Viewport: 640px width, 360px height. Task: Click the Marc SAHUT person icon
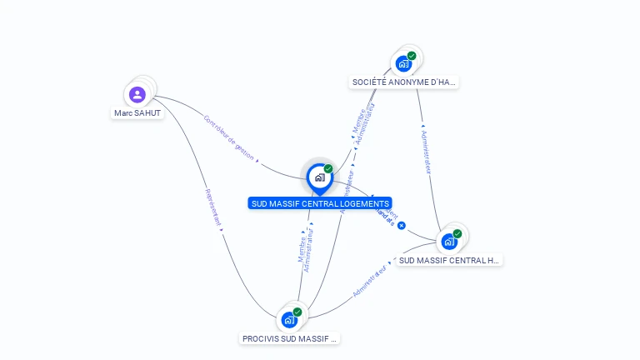coord(137,94)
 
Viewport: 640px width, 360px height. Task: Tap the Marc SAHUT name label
coord(137,112)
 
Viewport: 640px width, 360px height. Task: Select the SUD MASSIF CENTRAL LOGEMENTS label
coord(320,203)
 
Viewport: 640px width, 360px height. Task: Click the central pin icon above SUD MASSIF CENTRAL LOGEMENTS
coord(319,177)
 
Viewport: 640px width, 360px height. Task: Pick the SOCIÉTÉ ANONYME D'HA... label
coord(404,82)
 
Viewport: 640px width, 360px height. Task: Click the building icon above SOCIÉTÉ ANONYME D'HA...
coord(403,63)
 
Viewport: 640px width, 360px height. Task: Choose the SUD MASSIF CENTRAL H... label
coord(449,260)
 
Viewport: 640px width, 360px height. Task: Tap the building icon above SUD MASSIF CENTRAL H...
coord(449,242)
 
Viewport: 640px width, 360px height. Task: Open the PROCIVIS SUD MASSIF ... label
coord(289,338)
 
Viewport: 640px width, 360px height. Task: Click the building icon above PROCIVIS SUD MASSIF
coord(288,319)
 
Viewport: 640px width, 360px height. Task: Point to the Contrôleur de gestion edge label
coord(229,137)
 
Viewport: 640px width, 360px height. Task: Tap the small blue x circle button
coord(402,226)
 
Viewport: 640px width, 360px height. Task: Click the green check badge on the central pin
coord(328,169)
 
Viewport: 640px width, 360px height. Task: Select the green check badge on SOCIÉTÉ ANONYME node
coord(412,56)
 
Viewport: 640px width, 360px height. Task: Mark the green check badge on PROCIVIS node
coord(297,312)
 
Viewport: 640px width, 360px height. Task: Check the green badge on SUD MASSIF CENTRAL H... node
coord(457,234)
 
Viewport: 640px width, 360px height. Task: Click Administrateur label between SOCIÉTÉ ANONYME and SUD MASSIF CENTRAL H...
coord(427,151)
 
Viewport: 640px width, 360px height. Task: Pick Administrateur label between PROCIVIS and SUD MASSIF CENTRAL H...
coord(370,282)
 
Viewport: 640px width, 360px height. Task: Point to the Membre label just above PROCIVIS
coord(301,247)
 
